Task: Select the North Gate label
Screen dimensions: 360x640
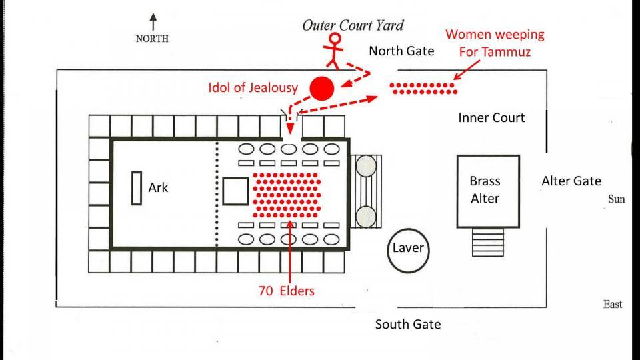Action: coord(401,51)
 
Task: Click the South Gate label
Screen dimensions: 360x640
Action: coord(407,325)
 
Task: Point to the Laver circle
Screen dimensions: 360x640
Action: coord(407,249)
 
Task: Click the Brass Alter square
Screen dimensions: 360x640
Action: coord(488,190)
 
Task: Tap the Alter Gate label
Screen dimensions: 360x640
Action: coord(571,181)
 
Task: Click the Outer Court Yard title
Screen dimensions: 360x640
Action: coord(353,25)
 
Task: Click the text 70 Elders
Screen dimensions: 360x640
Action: coord(287,291)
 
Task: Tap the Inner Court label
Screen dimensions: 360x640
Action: coord(491,118)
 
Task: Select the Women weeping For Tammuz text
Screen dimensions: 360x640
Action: coord(495,43)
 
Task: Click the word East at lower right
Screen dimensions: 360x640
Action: coord(613,304)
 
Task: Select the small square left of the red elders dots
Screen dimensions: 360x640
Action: coord(235,191)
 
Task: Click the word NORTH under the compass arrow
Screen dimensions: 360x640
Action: coord(153,39)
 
